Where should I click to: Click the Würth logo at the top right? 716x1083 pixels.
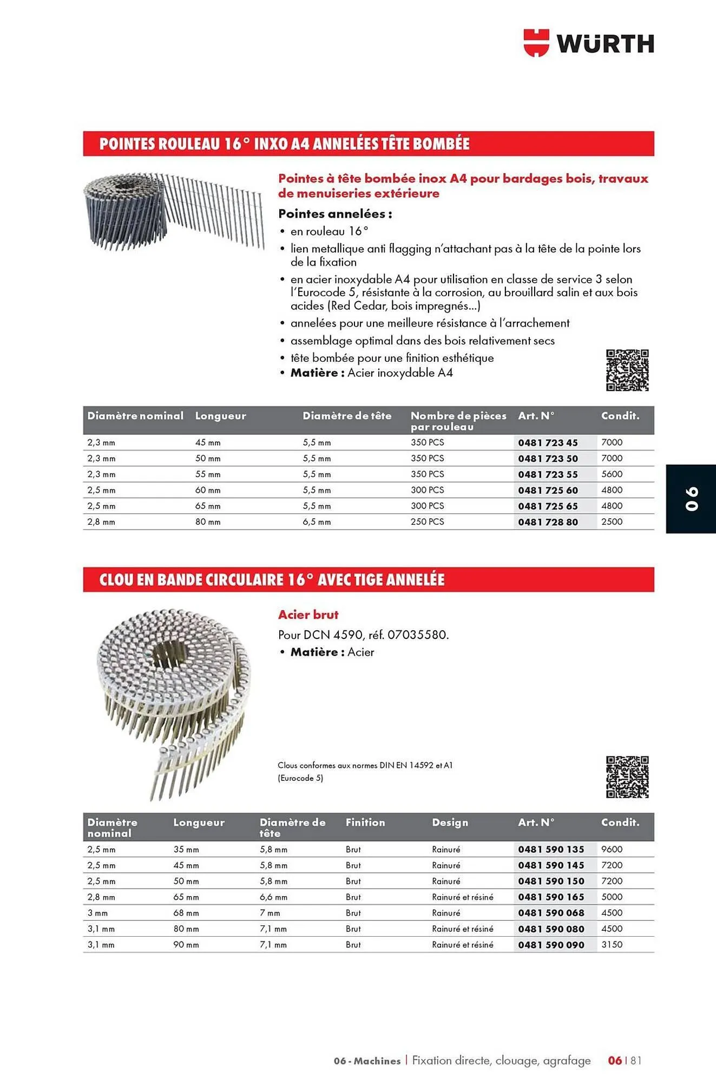click(589, 43)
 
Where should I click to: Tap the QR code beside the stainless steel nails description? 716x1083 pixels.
click(627, 370)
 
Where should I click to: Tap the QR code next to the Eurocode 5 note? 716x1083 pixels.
click(627, 777)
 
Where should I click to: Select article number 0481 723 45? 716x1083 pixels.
click(548, 442)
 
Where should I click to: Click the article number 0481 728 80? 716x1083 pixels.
click(548, 522)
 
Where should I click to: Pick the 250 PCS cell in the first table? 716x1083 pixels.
click(427, 521)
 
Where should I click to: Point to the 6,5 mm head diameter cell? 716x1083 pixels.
click(317, 522)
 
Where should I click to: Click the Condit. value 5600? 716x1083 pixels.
click(612, 474)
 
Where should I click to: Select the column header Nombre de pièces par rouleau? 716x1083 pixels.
click(458, 421)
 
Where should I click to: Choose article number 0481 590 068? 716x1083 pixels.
click(551, 913)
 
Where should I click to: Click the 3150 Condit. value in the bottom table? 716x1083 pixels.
click(612, 944)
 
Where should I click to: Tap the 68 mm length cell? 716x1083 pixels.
click(186, 913)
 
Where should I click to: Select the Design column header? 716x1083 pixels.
click(450, 823)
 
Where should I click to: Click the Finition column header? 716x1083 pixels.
click(365, 823)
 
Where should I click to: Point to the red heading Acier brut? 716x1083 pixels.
click(308, 615)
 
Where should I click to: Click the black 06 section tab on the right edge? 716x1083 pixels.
click(691, 499)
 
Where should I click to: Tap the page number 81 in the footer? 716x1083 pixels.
click(636, 1060)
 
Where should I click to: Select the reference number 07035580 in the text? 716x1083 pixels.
click(417, 635)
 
